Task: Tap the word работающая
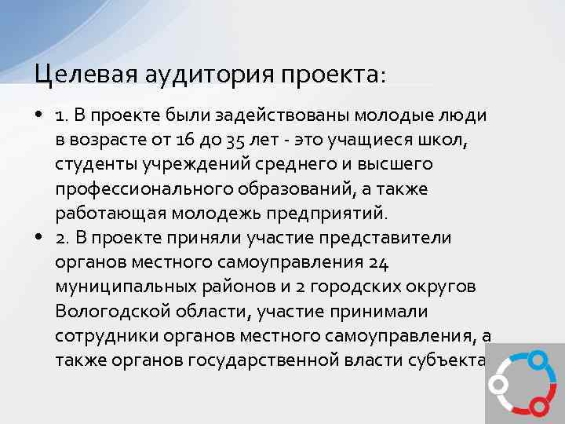(x=101, y=214)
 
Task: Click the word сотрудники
(x=100, y=335)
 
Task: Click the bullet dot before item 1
(x=38, y=116)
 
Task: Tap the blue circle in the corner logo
(x=537, y=360)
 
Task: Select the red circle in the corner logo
(x=538, y=405)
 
